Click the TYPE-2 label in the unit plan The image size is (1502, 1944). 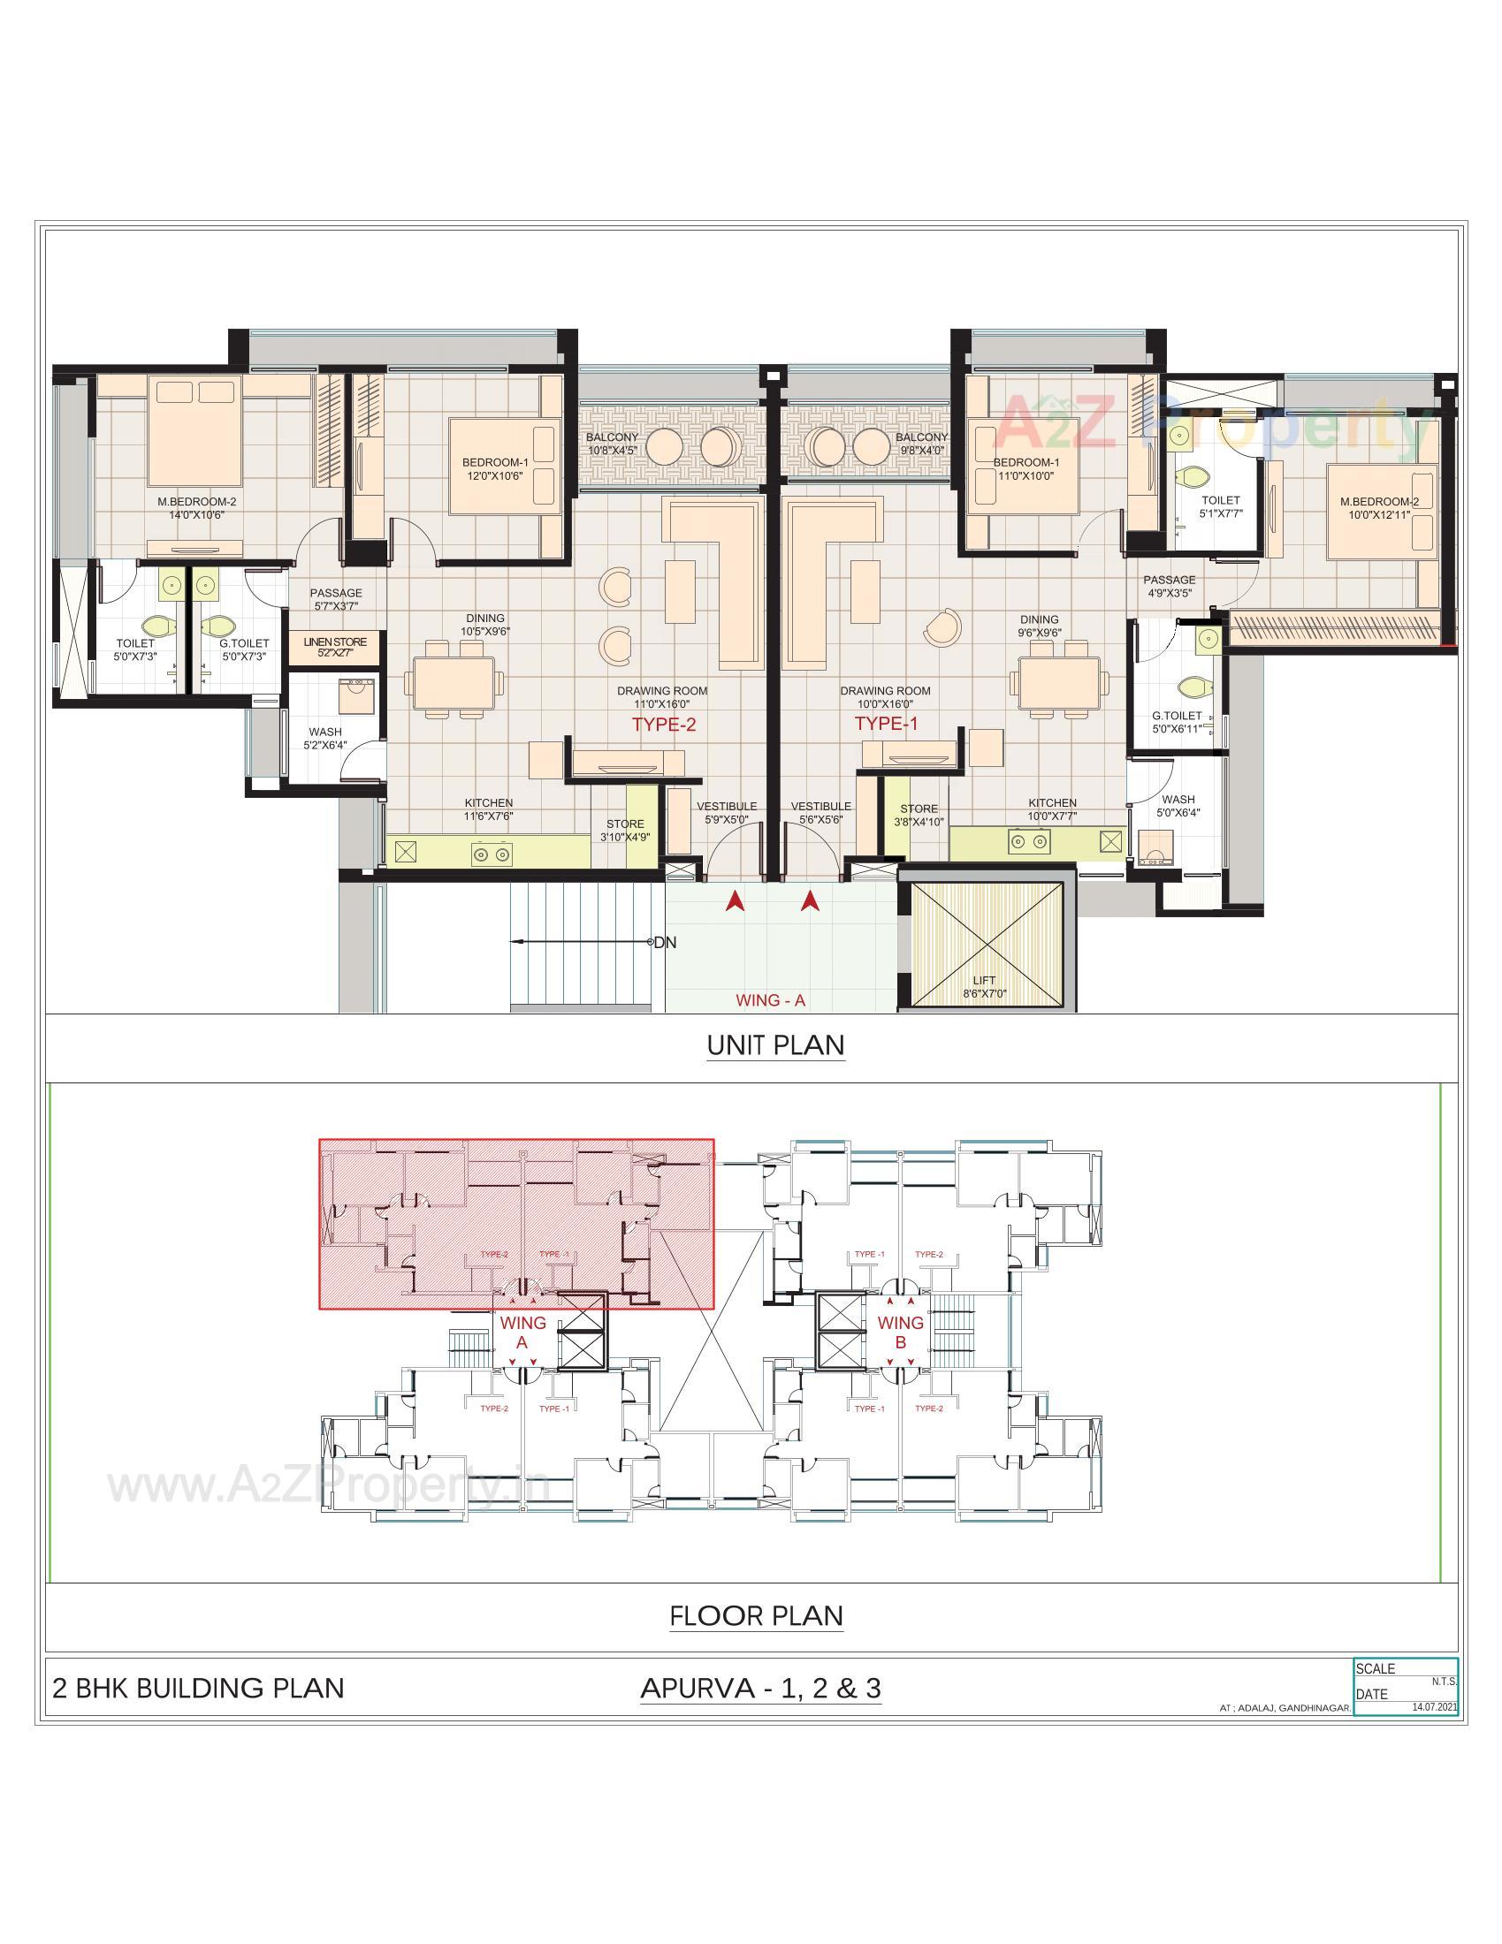pos(663,725)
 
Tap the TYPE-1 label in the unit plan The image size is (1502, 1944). pos(886,724)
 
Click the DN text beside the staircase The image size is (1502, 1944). pos(665,943)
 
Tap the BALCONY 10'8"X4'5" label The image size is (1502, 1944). pos(612,444)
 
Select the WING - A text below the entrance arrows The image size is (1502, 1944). pos(770,1000)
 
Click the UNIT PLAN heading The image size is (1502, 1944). pos(775,1044)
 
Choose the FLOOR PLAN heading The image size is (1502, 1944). pos(756,1615)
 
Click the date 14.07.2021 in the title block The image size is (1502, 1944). pos(1434,1707)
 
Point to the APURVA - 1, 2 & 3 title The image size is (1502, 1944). pos(760,1689)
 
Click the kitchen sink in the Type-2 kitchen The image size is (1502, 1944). pos(405,851)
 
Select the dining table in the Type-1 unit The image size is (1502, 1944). pos(1058,685)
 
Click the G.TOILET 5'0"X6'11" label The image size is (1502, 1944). pos(1177,722)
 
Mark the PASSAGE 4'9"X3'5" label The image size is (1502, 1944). pos(1169,586)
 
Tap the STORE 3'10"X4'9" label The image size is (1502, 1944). pos(625,831)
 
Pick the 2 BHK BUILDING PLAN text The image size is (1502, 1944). pos(199,1689)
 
